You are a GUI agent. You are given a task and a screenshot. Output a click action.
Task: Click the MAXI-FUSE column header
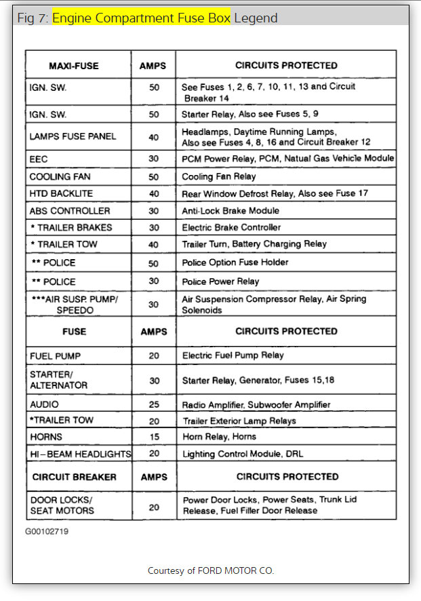pos(74,66)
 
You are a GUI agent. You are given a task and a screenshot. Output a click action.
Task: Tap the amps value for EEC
pos(154,159)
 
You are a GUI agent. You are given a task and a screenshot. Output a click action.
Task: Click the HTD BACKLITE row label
pos(61,193)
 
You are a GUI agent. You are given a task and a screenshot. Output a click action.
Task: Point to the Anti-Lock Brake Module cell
pos(230,211)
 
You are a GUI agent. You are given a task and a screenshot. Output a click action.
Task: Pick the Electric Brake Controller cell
pos(231,227)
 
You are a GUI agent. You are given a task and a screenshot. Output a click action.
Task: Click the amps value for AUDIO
pos(154,404)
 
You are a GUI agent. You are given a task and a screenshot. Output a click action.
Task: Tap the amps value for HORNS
pos(154,436)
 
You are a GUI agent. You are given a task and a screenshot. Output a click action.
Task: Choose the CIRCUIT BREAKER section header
pos(75,476)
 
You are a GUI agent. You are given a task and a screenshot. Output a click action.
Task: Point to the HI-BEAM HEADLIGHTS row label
pos(80,453)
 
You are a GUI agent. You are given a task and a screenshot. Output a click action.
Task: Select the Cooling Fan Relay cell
pos(219,176)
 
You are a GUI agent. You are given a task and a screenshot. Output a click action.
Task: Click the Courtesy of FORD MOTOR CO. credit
pos(211,570)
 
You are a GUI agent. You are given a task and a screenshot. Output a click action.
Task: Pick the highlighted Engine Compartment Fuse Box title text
pos(141,17)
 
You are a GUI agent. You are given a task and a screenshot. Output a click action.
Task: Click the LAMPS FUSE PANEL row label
pos(73,136)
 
